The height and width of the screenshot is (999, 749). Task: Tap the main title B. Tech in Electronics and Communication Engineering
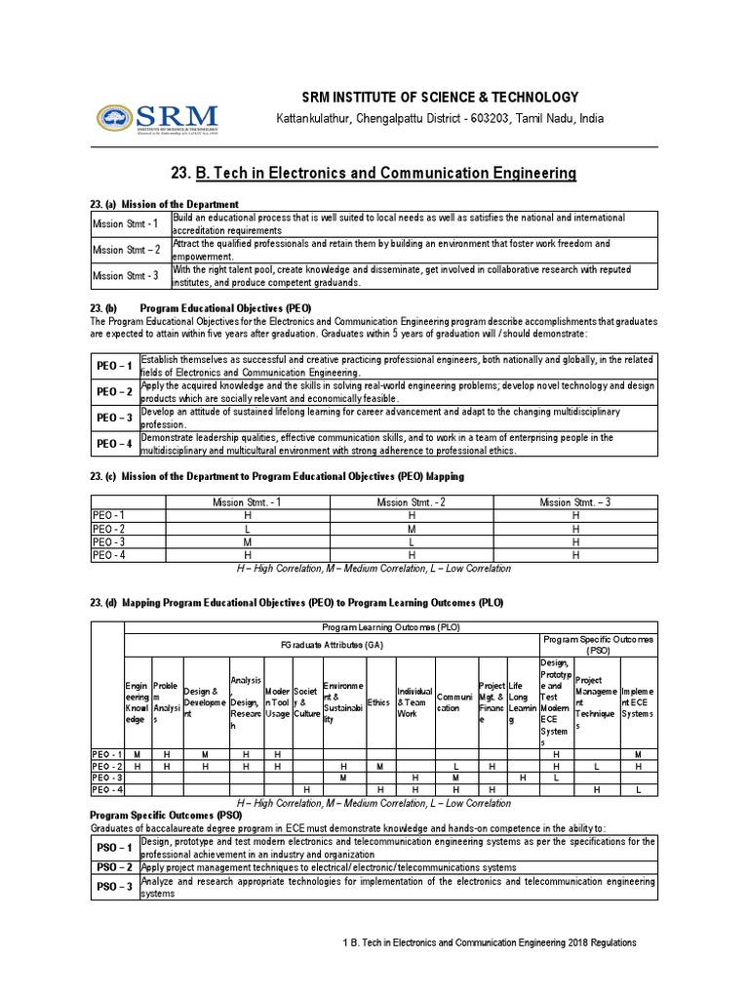click(x=374, y=174)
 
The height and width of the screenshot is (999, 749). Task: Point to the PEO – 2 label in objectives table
click(x=114, y=391)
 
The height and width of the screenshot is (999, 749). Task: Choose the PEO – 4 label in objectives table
click(x=114, y=444)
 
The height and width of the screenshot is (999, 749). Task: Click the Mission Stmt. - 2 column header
click(x=412, y=501)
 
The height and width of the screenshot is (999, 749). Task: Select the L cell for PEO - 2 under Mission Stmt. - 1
click(x=248, y=528)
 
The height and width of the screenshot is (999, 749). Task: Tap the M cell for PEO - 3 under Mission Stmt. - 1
click(x=248, y=541)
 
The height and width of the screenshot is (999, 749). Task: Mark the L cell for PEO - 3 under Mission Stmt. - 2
click(x=412, y=541)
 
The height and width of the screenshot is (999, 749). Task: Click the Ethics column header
click(x=378, y=701)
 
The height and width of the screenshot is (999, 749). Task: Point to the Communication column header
click(x=455, y=702)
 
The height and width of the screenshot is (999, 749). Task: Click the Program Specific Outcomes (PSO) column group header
click(x=598, y=644)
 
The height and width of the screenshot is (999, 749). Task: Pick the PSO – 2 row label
click(x=114, y=866)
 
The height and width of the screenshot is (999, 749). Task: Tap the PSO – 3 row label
click(x=114, y=887)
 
